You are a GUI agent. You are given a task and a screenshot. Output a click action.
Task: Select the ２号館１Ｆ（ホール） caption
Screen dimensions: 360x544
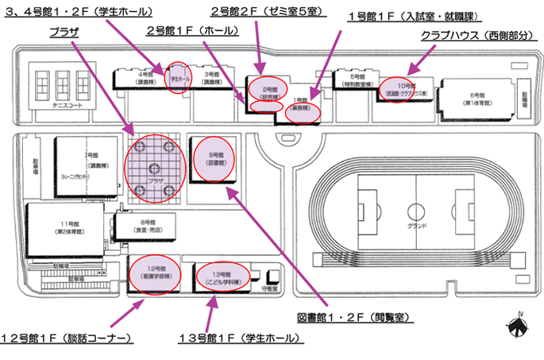coord(183,30)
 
